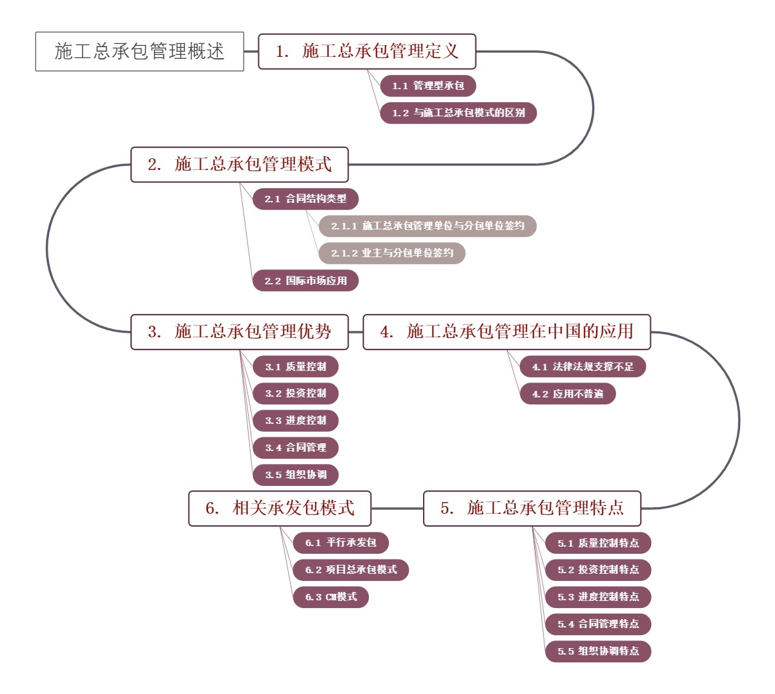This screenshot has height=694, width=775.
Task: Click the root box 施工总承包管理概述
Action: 139,51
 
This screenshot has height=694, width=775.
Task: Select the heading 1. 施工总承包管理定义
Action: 367,51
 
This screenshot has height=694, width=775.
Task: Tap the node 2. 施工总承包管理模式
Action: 240,164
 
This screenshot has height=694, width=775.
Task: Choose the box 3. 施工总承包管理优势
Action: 240,332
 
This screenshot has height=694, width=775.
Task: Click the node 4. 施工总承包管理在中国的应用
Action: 506,332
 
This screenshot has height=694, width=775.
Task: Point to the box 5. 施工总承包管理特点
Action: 532,508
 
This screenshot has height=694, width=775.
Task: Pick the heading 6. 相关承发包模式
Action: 280,508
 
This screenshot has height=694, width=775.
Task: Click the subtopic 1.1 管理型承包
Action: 428,86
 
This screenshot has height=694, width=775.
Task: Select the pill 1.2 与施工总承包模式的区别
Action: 458,113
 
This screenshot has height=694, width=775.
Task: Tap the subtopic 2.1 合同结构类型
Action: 305,199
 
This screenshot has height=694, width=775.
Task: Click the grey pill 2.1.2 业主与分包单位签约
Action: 391,253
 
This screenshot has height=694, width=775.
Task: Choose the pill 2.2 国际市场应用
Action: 305,281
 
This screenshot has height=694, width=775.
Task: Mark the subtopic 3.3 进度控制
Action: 295,421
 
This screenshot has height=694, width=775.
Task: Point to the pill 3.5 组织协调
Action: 295,475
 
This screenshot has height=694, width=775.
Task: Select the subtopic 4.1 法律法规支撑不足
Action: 583,367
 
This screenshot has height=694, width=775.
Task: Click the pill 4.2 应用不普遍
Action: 568,394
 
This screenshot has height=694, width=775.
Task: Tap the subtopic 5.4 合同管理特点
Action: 598,624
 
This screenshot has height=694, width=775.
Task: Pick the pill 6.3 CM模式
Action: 331,597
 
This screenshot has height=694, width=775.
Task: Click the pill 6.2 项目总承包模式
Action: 351,570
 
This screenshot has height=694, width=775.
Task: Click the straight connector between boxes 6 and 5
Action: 397,508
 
